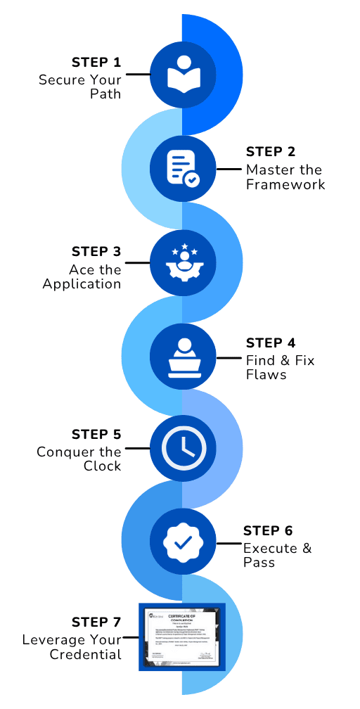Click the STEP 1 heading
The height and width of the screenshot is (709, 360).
click(96, 61)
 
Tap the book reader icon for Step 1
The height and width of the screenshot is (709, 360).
click(182, 75)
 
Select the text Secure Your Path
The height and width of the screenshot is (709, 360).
click(80, 86)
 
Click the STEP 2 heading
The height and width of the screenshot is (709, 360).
click(271, 152)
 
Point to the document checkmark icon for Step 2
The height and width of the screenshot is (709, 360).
click(182, 168)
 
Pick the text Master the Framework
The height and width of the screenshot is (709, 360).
click(285, 177)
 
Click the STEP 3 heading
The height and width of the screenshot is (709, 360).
click(96, 252)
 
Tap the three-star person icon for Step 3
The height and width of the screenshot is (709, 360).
click(182, 262)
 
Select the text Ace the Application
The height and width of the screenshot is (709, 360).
click(82, 277)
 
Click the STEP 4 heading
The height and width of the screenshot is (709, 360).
click(271, 343)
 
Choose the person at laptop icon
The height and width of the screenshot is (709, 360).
click(182, 357)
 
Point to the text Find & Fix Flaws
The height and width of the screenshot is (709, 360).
click(280, 367)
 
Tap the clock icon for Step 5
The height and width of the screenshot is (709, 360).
click(182, 448)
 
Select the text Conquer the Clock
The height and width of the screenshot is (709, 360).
click(79, 459)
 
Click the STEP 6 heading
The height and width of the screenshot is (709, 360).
click(268, 531)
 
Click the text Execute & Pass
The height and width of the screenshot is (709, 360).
click(277, 555)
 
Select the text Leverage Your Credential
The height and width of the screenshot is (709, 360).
click(72, 647)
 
